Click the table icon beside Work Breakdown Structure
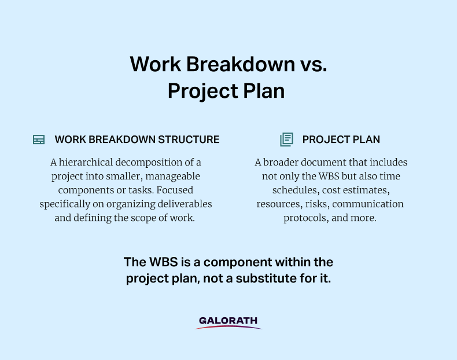click(39, 139)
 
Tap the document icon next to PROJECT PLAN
click(286, 139)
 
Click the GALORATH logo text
click(228, 321)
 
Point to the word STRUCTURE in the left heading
click(189, 139)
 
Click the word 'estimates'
click(371, 190)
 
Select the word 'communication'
click(368, 204)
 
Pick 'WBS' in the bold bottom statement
click(163, 262)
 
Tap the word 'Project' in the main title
click(203, 91)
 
